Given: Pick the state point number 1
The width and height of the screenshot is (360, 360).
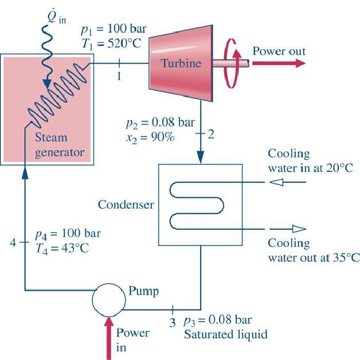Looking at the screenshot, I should point(119,76).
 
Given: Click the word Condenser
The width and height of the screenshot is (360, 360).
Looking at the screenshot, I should point(126,204).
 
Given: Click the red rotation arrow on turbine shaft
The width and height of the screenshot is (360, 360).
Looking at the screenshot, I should point(231,63).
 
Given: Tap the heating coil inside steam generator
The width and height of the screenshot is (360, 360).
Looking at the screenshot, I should point(52,100).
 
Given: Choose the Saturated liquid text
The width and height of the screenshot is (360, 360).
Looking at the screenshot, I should point(225,334).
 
